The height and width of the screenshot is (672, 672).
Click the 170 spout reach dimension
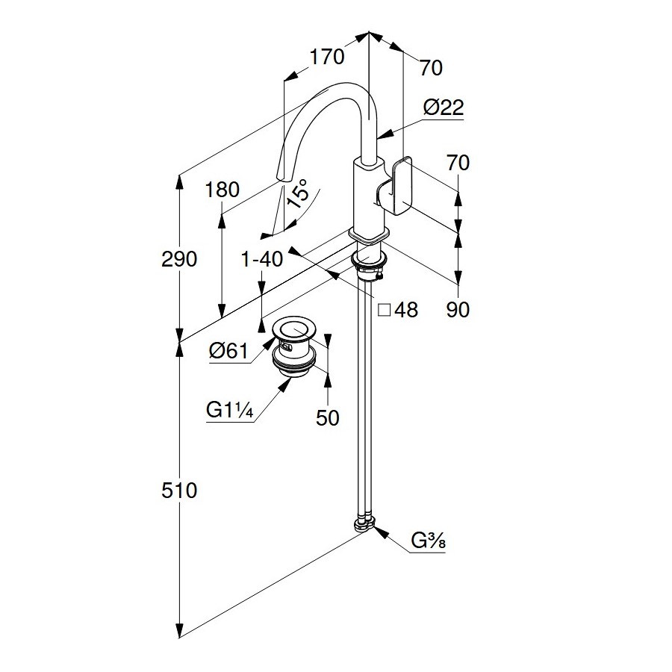click(327, 57)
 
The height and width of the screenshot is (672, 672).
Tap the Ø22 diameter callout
click(443, 108)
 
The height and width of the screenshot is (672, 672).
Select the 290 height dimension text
click(180, 260)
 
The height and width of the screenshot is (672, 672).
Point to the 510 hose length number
click(180, 491)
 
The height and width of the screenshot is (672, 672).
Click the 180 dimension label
click(222, 190)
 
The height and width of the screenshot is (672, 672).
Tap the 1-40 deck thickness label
click(261, 260)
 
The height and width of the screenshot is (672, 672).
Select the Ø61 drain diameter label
click(228, 350)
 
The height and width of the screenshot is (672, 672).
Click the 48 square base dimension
click(406, 309)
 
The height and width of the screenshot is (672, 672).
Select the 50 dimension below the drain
click(327, 417)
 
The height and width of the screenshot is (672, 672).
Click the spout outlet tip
click(282, 176)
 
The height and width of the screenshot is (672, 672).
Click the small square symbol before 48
click(385, 309)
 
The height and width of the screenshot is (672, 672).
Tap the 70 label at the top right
click(431, 68)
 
